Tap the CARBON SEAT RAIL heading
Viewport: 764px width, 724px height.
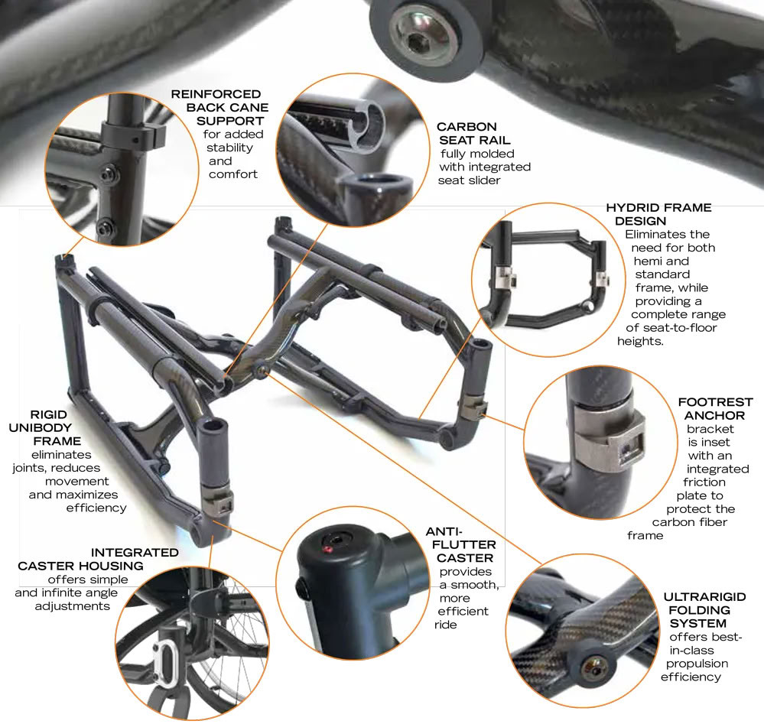pos(467,133)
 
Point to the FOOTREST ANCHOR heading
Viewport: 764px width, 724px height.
pos(714,408)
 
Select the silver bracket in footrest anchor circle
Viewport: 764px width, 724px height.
pos(605,443)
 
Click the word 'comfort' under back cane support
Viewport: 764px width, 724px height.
pos(232,174)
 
